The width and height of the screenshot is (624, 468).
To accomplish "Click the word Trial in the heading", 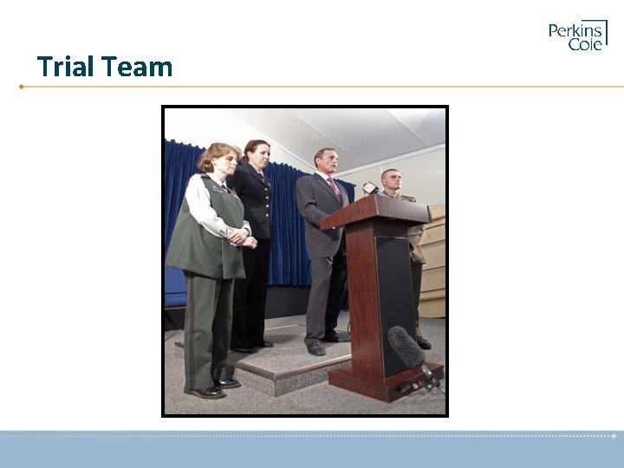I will point(65,67).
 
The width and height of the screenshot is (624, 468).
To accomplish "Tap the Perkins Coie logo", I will point(577,36).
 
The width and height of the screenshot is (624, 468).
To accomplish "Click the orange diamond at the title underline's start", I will point(21,87).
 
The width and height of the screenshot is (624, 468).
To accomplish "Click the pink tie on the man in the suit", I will point(335,188).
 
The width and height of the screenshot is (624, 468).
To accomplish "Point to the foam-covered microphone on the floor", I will point(406,348).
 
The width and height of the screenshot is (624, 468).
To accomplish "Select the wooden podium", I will point(382,286).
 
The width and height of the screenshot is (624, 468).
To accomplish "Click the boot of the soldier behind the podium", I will point(423,342).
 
